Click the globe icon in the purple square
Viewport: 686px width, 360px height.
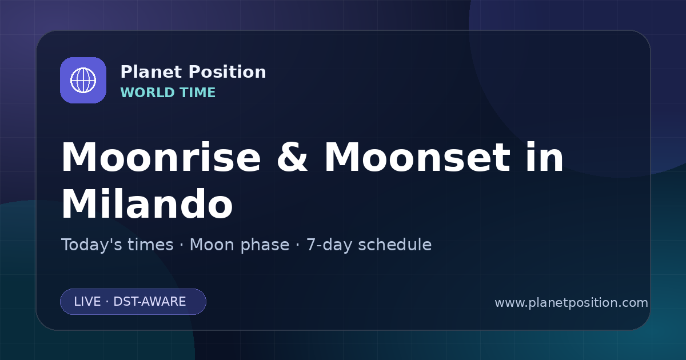[x=83, y=80]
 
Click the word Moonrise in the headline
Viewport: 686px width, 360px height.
[x=161, y=157]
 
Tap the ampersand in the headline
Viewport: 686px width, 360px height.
[x=292, y=157]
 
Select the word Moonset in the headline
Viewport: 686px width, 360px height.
[x=417, y=157]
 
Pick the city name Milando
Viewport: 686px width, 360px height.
[x=147, y=203]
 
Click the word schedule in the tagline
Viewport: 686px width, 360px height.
[x=395, y=245]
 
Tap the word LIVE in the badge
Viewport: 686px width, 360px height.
[x=87, y=302]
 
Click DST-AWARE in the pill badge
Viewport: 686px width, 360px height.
[x=149, y=302]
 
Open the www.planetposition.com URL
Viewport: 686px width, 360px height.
[x=571, y=303]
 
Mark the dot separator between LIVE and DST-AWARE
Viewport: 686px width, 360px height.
[x=107, y=302]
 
